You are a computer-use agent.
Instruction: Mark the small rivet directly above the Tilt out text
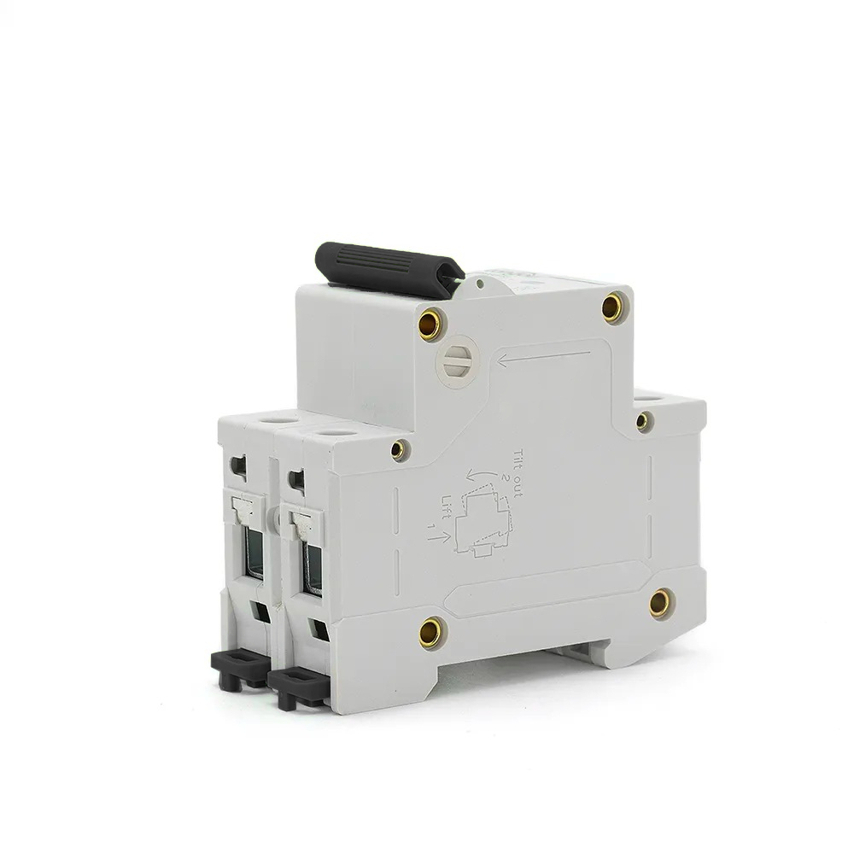[x=396, y=445]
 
